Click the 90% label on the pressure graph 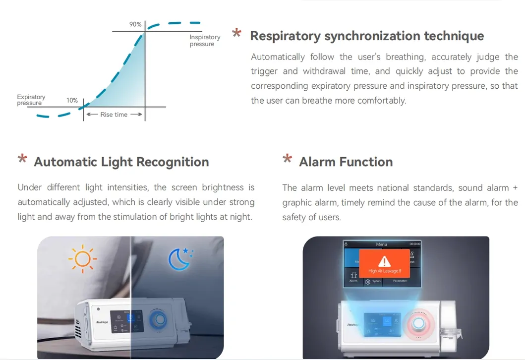pyautogui.click(x=135, y=24)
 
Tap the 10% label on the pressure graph pyautogui.click(x=72, y=100)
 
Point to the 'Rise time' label pyautogui.click(x=114, y=115)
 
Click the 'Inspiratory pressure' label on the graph pyautogui.click(x=204, y=41)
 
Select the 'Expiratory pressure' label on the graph pyautogui.click(x=31, y=100)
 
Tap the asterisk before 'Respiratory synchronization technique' pyautogui.click(x=236, y=34)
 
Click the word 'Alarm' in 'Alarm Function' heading pyautogui.click(x=317, y=162)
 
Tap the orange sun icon pyautogui.click(x=82, y=259)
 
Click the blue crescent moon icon pyautogui.click(x=179, y=259)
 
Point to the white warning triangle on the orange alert pyautogui.click(x=384, y=261)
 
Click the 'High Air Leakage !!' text pyautogui.click(x=384, y=271)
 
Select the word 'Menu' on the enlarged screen pyautogui.click(x=381, y=244)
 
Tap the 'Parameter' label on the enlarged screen pyautogui.click(x=400, y=281)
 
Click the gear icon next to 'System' pyautogui.click(x=368, y=281)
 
